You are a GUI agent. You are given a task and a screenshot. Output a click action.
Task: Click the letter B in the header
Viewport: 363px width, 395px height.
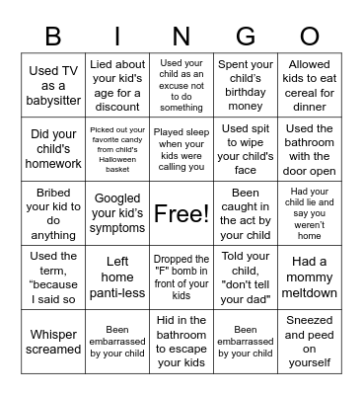tap(54, 37)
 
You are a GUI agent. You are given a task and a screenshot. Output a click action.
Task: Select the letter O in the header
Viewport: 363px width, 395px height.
tap(309, 37)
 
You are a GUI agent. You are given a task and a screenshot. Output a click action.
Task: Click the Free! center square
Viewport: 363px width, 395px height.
tap(181, 213)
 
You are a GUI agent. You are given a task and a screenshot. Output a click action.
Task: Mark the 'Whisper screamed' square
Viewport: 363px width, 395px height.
tap(54, 342)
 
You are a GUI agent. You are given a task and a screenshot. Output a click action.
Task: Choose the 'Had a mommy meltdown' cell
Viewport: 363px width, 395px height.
tap(309, 277)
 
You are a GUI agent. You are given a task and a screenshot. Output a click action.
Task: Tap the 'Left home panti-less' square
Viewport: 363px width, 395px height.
tap(117, 277)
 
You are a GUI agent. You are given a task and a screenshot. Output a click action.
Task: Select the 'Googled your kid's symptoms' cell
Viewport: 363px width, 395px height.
tap(117, 213)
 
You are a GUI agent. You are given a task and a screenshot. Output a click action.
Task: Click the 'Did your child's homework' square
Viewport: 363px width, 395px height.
tap(54, 148)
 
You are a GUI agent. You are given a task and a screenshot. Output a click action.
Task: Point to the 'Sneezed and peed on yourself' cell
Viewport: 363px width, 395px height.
tap(309, 342)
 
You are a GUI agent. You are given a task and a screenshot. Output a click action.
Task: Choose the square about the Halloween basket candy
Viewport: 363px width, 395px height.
tap(117, 148)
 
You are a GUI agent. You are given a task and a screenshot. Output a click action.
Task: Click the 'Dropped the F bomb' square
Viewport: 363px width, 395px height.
tap(181, 277)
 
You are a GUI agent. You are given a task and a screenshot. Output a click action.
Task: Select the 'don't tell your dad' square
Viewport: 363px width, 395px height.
tap(245, 277)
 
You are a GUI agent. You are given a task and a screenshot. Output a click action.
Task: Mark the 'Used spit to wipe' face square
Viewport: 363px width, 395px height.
tap(245, 148)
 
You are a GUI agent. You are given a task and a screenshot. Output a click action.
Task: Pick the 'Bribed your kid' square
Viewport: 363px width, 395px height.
tap(54, 213)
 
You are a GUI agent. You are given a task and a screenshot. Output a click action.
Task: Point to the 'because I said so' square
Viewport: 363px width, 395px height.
tap(54, 277)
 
